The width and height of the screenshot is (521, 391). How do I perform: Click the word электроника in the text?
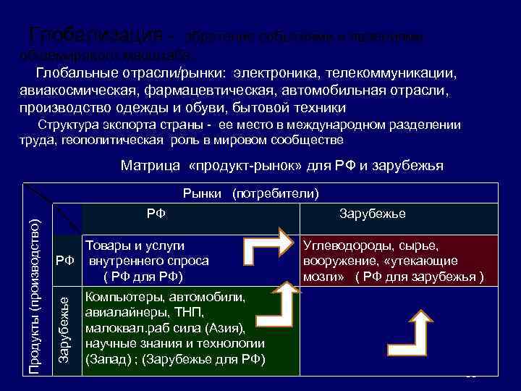click(x=274, y=74)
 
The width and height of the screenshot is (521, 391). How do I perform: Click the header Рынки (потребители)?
click(x=250, y=193)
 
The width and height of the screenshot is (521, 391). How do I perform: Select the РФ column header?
click(x=156, y=214)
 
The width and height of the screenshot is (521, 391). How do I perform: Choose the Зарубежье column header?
click(x=373, y=214)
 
